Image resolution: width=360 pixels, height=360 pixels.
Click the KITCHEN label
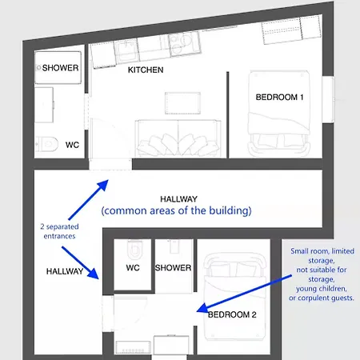pyautogui.click(x=146, y=70)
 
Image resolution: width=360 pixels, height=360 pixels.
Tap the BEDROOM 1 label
pyautogui.click(x=279, y=97)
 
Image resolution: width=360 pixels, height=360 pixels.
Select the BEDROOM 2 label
pyautogui.click(x=232, y=314)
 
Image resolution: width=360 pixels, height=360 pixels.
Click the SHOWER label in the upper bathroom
pyautogui.click(x=60, y=68)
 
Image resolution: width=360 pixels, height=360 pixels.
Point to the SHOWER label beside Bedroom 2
pyautogui.click(x=173, y=268)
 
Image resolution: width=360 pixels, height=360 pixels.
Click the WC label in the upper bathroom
pyautogui.click(x=72, y=145)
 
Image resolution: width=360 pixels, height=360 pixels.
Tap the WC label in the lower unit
pyautogui.click(x=133, y=268)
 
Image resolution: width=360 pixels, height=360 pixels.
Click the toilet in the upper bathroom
pyautogui.click(x=47, y=144)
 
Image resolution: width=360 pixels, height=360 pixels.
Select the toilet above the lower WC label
pyautogui.click(x=135, y=250)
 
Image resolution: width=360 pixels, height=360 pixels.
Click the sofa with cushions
pyautogui.click(x=178, y=138)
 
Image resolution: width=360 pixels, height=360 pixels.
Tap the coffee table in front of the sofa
pyautogui.click(x=182, y=103)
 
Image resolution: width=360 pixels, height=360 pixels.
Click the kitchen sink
pyautogui.click(x=126, y=51)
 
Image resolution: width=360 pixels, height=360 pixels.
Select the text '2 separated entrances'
pyautogui.click(x=59, y=231)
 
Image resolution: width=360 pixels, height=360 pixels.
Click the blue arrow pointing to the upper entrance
pyautogui.click(x=89, y=199)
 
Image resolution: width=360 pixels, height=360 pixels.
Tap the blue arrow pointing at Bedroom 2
pyautogui.click(x=244, y=294)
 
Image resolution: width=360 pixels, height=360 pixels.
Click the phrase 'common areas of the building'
pyautogui.click(x=176, y=210)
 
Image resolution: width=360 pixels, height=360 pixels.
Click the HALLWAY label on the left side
pyautogui.click(x=65, y=271)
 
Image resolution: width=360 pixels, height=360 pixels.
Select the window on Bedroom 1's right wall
pyautogui.click(x=328, y=100)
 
